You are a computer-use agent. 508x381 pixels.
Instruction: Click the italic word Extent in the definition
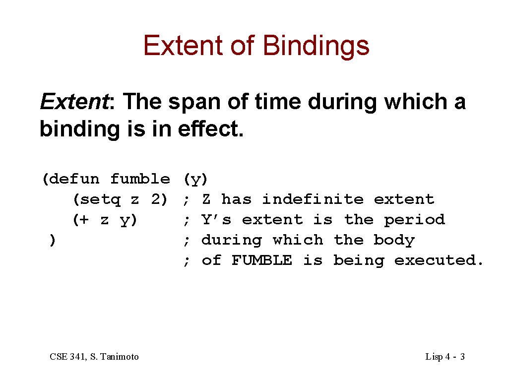tap(74, 101)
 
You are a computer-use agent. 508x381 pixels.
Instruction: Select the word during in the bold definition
tap(342, 103)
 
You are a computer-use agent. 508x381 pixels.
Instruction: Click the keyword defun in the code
tap(74, 179)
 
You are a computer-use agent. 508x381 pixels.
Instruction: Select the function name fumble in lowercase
tap(140, 179)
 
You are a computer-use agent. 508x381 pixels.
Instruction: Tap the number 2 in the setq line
tap(156, 199)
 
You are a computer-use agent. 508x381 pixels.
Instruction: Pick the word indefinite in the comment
tap(313, 199)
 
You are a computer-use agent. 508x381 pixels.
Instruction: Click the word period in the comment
tap(414, 220)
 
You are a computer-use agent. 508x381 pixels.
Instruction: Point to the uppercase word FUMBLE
tap(262, 260)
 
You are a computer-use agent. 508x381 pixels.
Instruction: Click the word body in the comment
tap(394, 241)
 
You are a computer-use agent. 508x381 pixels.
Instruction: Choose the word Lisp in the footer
tap(434, 357)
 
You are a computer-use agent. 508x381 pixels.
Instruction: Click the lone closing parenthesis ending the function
tap(53, 241)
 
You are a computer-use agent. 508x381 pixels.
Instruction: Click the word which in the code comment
tap(298, 240)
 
